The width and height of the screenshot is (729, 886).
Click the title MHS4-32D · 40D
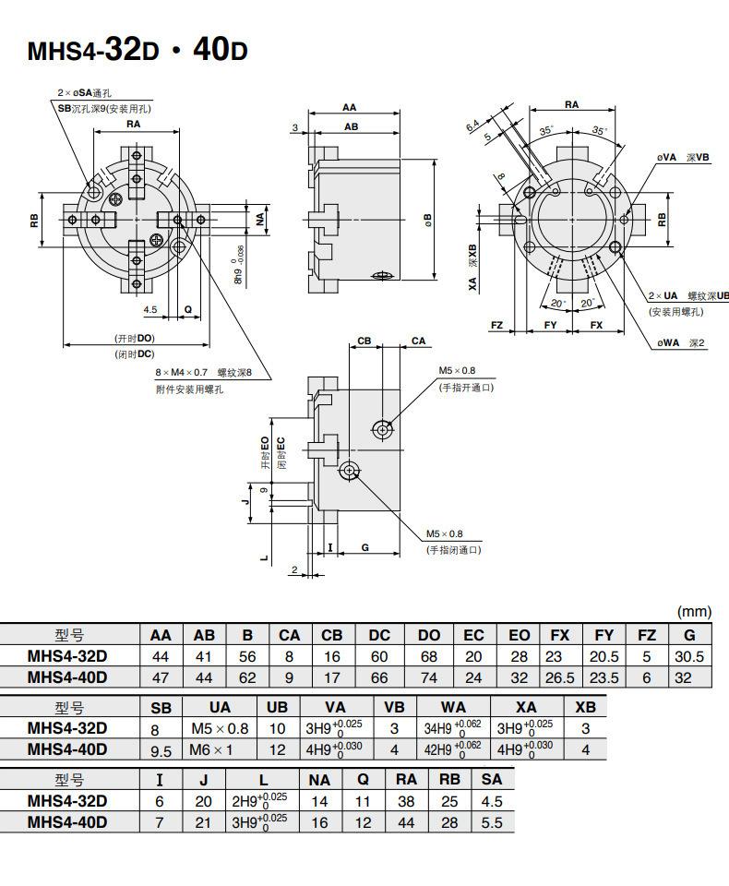[x=137, y=50]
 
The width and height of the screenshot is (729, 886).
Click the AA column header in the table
[x=161, y=635]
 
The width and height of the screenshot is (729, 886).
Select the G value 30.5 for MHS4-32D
[x=689, y=656]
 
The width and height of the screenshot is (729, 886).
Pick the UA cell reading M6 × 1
[x=210, y=749]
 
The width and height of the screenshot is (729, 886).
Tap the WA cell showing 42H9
[x=453, y=749]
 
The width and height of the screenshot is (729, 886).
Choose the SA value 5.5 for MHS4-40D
[x=492, y=822]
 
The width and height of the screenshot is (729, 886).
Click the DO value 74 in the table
[x=429, y=677]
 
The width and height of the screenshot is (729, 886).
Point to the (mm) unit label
[x=694, y=611]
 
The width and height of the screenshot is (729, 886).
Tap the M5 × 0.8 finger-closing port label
[x=444, y=534]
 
